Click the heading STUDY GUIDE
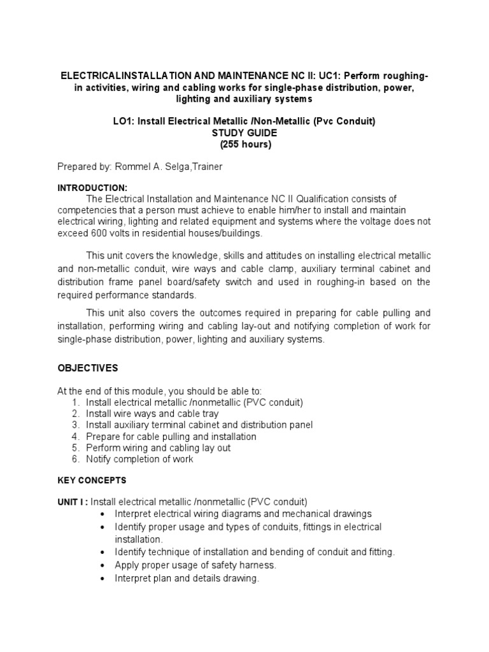pos(244,132)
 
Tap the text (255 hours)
pos(244,144)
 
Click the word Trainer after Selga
pos(204,166)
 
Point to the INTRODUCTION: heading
pos(92,188)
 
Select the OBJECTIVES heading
pos(88,368)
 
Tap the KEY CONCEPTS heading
pos(92,480)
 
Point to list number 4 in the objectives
pos(75,437)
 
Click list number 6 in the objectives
pos(75,459)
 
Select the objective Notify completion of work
pos(139,459)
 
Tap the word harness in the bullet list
pos(259,565)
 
